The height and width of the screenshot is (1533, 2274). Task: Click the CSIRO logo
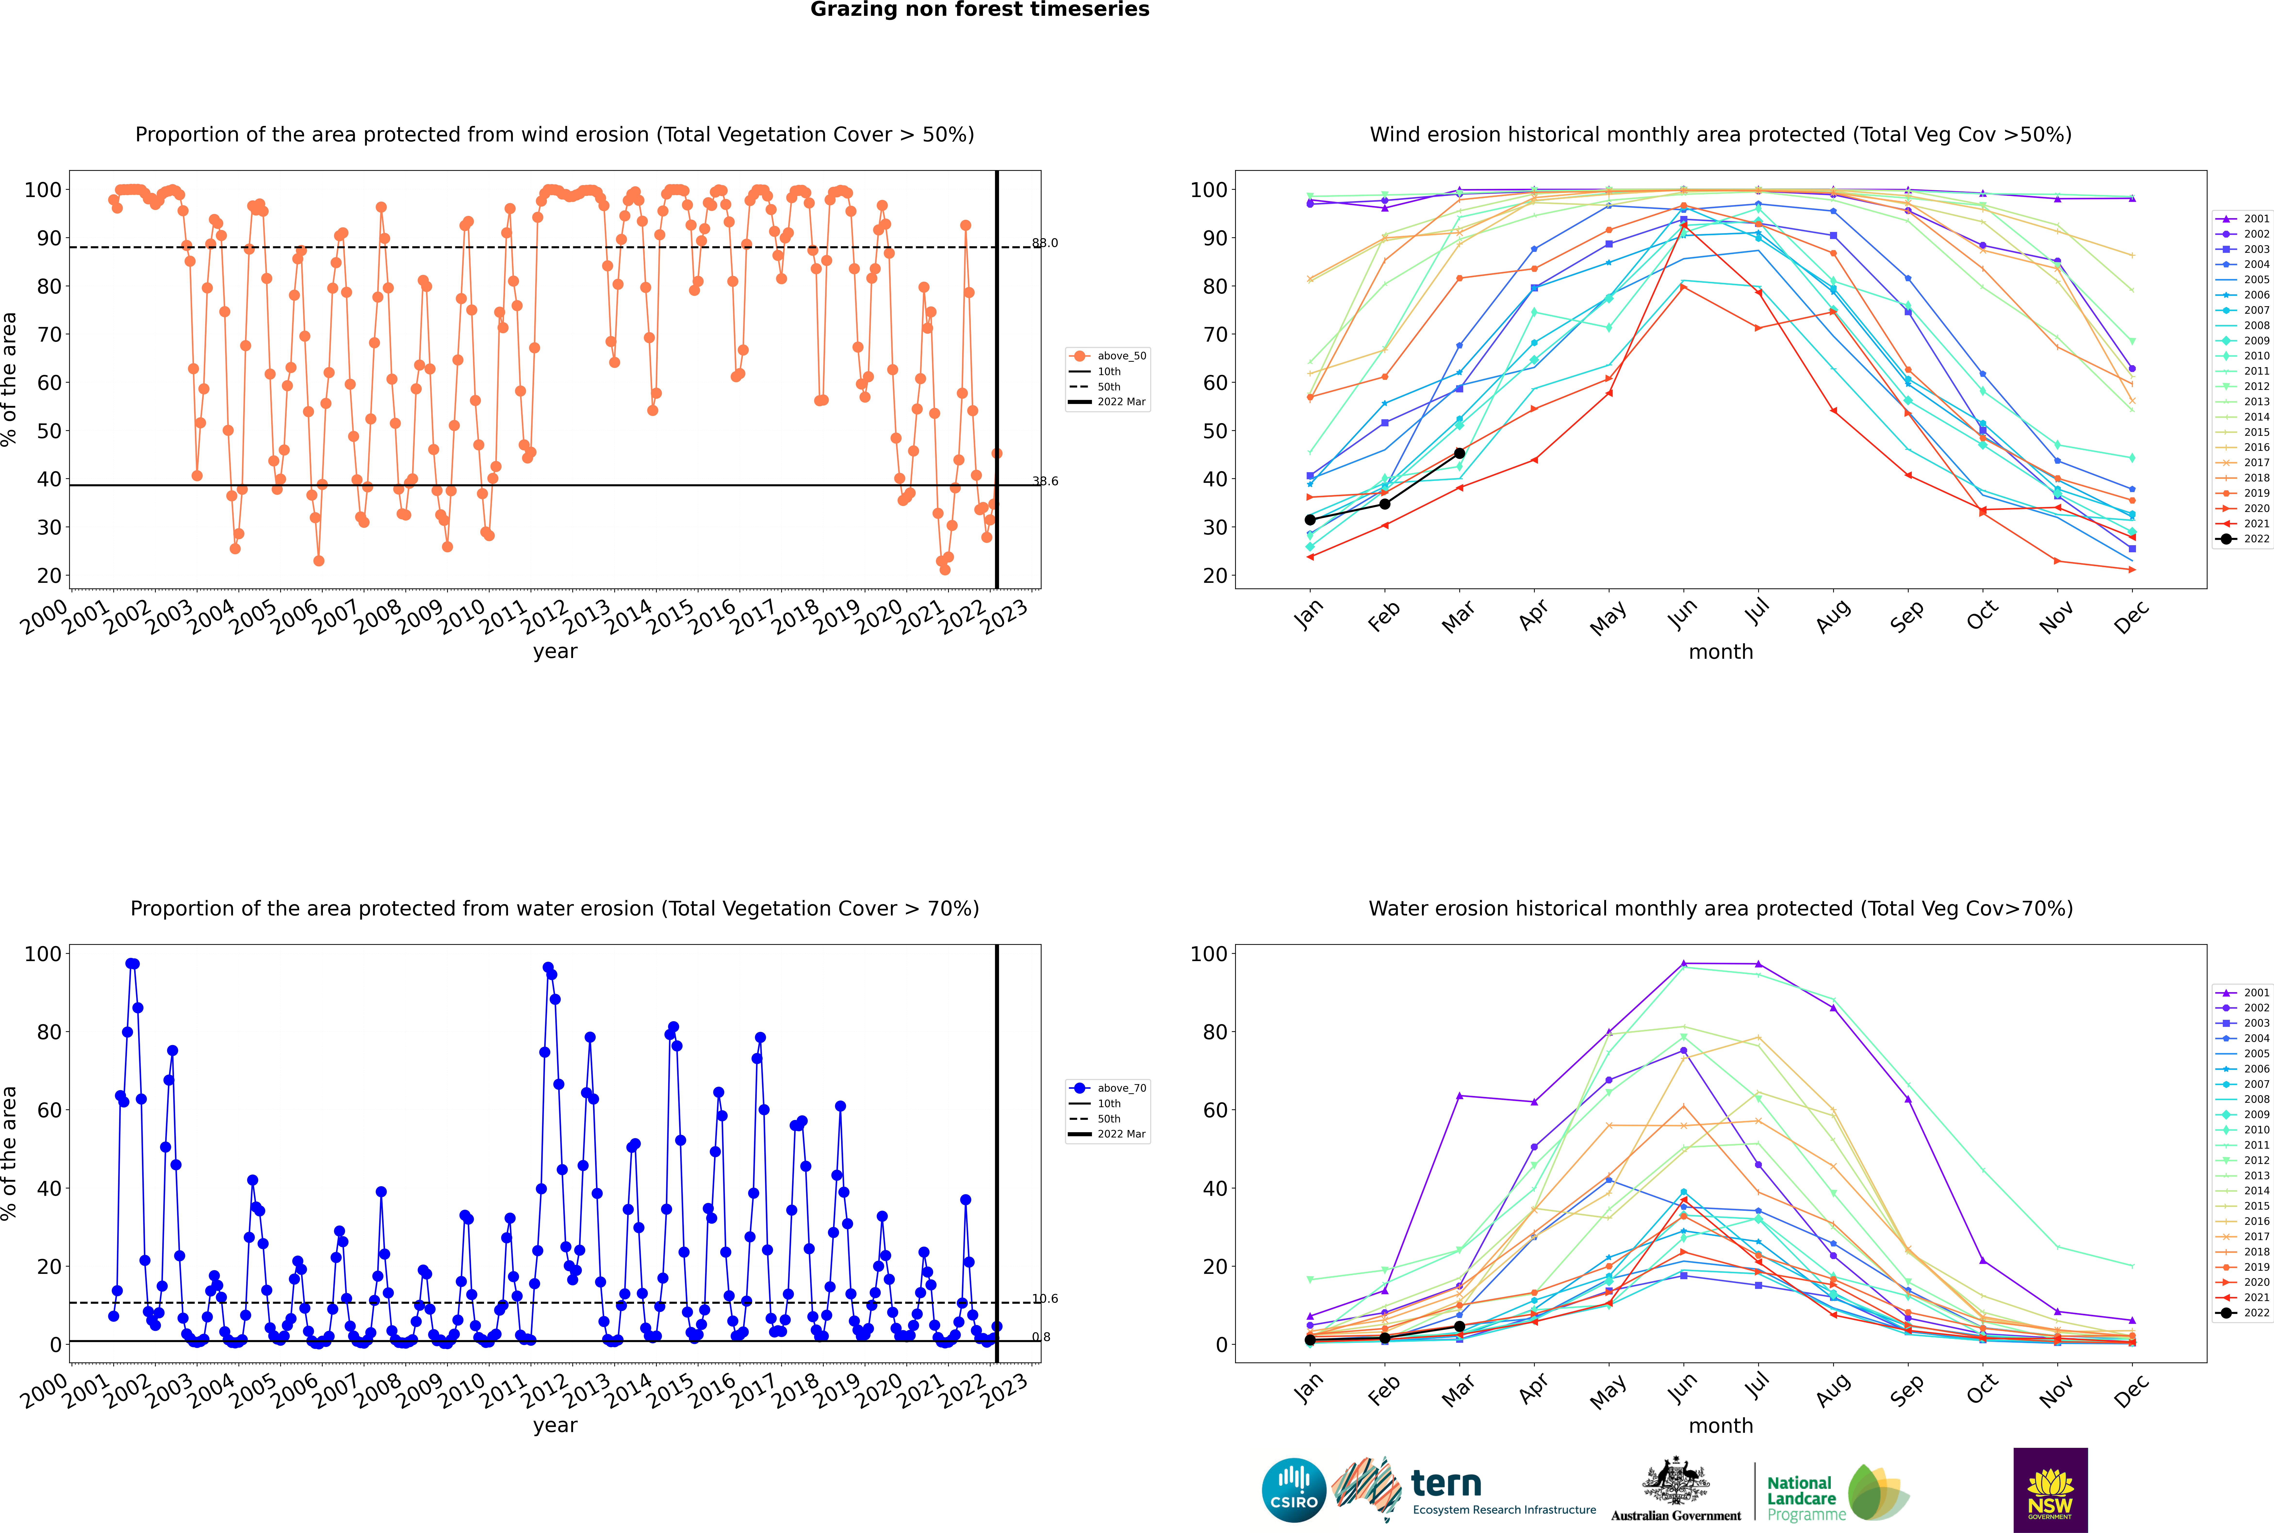[x=1293, y=1490]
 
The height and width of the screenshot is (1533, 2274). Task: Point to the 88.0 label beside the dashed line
[x=1045, y=242]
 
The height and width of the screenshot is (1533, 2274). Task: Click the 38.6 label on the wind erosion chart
[x=1045, y=481]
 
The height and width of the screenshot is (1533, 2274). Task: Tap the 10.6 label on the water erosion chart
[x=1045, y=1298]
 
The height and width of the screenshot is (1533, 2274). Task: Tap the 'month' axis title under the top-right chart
[x=1721, y=652]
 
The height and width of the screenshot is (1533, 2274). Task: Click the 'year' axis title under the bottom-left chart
[x=555, y=1426]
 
